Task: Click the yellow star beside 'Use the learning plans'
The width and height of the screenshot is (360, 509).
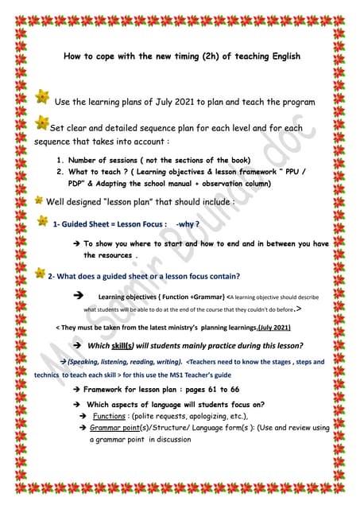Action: [42, 97]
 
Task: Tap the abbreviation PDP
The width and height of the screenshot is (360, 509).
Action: [89, 181]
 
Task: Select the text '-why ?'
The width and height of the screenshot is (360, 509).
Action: [189, 224]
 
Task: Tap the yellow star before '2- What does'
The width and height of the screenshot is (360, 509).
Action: [40, 274]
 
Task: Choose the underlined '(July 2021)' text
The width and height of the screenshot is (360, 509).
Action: [273, 328]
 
